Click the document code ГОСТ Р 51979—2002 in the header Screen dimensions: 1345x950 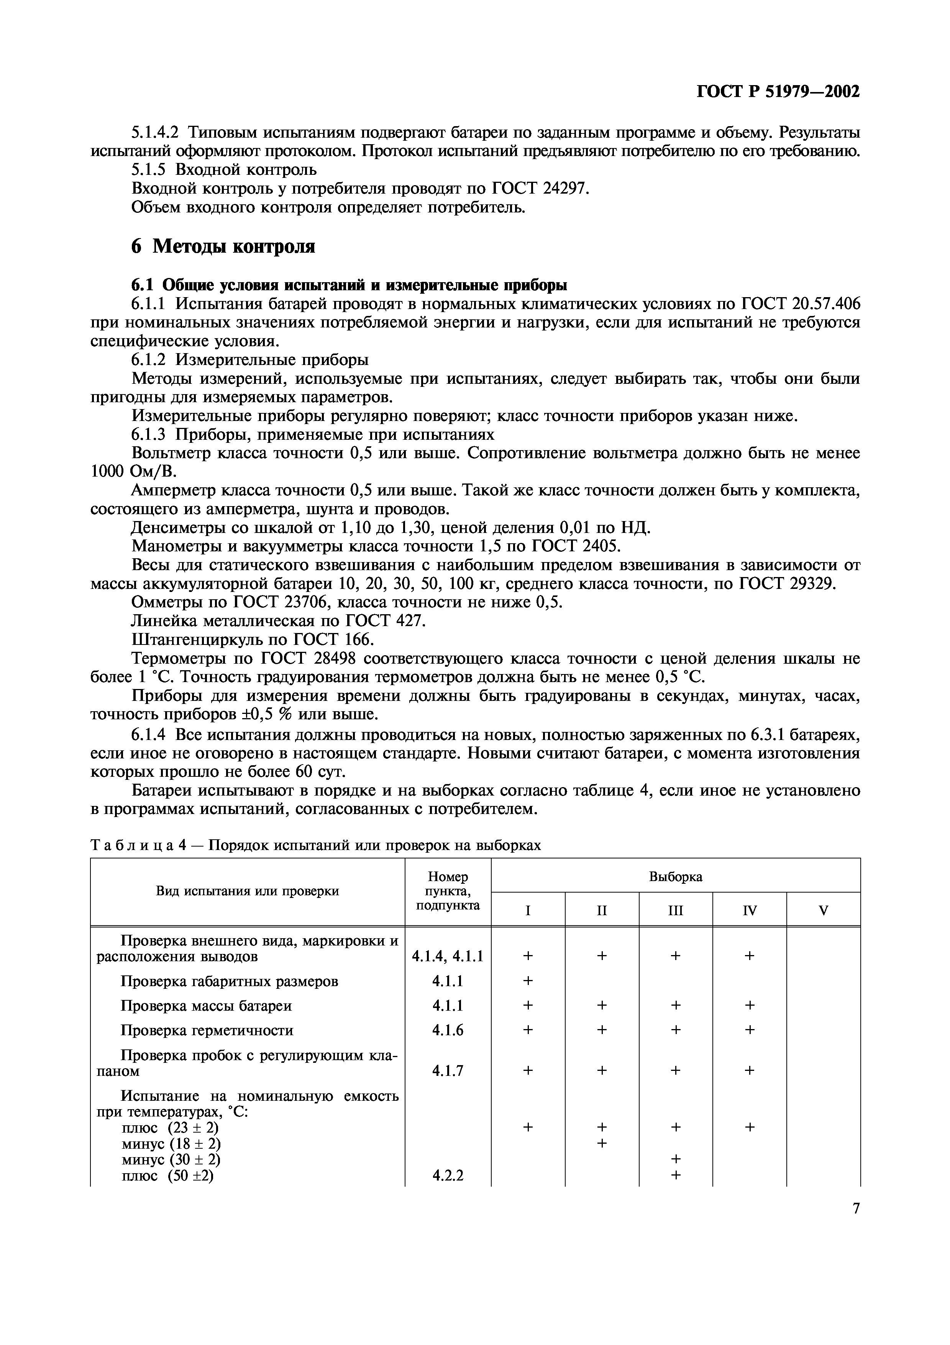click(x=778, y=92)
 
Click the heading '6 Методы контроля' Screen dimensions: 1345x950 click(x=223, y=247)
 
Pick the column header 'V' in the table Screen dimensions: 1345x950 click(x=823, y=910)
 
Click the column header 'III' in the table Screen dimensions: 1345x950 click(x=676, y=910)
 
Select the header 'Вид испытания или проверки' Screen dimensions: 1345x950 click(x=248, y=891)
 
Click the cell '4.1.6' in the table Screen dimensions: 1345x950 click(x=448, y=1030)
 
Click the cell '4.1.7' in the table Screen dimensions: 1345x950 click(x=448, y=1071)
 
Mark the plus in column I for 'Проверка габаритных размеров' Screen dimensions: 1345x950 click(x=528, y=981)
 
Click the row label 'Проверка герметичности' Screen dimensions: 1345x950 click(x=207, y=1030)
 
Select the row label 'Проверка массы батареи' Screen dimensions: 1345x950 click(x=206, y=1005)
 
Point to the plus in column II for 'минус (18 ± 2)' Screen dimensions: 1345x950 click(x=602, y=1143)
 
